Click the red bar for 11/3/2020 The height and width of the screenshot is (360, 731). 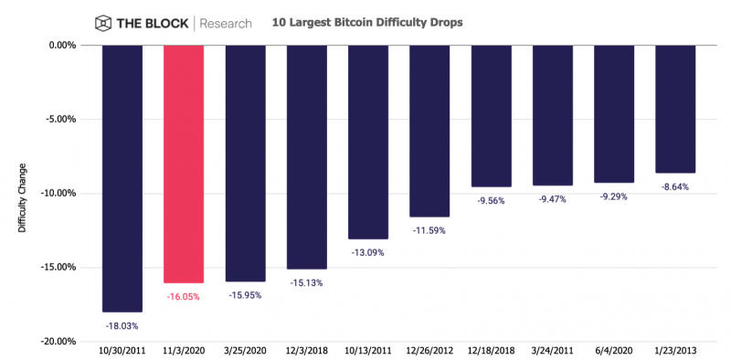(x=184, y=164)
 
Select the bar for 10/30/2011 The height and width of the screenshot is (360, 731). (x=122, y=178)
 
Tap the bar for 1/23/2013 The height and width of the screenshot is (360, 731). (x=675, y=109)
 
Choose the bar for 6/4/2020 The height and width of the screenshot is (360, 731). (x=614, y=113)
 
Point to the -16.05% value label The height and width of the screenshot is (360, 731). (x=184, y=296)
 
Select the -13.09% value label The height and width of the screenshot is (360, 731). (x=368, y=252)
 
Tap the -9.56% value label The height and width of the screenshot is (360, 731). (x=491, y=200)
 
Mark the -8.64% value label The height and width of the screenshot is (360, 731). (x=675, y=186)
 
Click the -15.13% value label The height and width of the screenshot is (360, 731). (x=306, y=282)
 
